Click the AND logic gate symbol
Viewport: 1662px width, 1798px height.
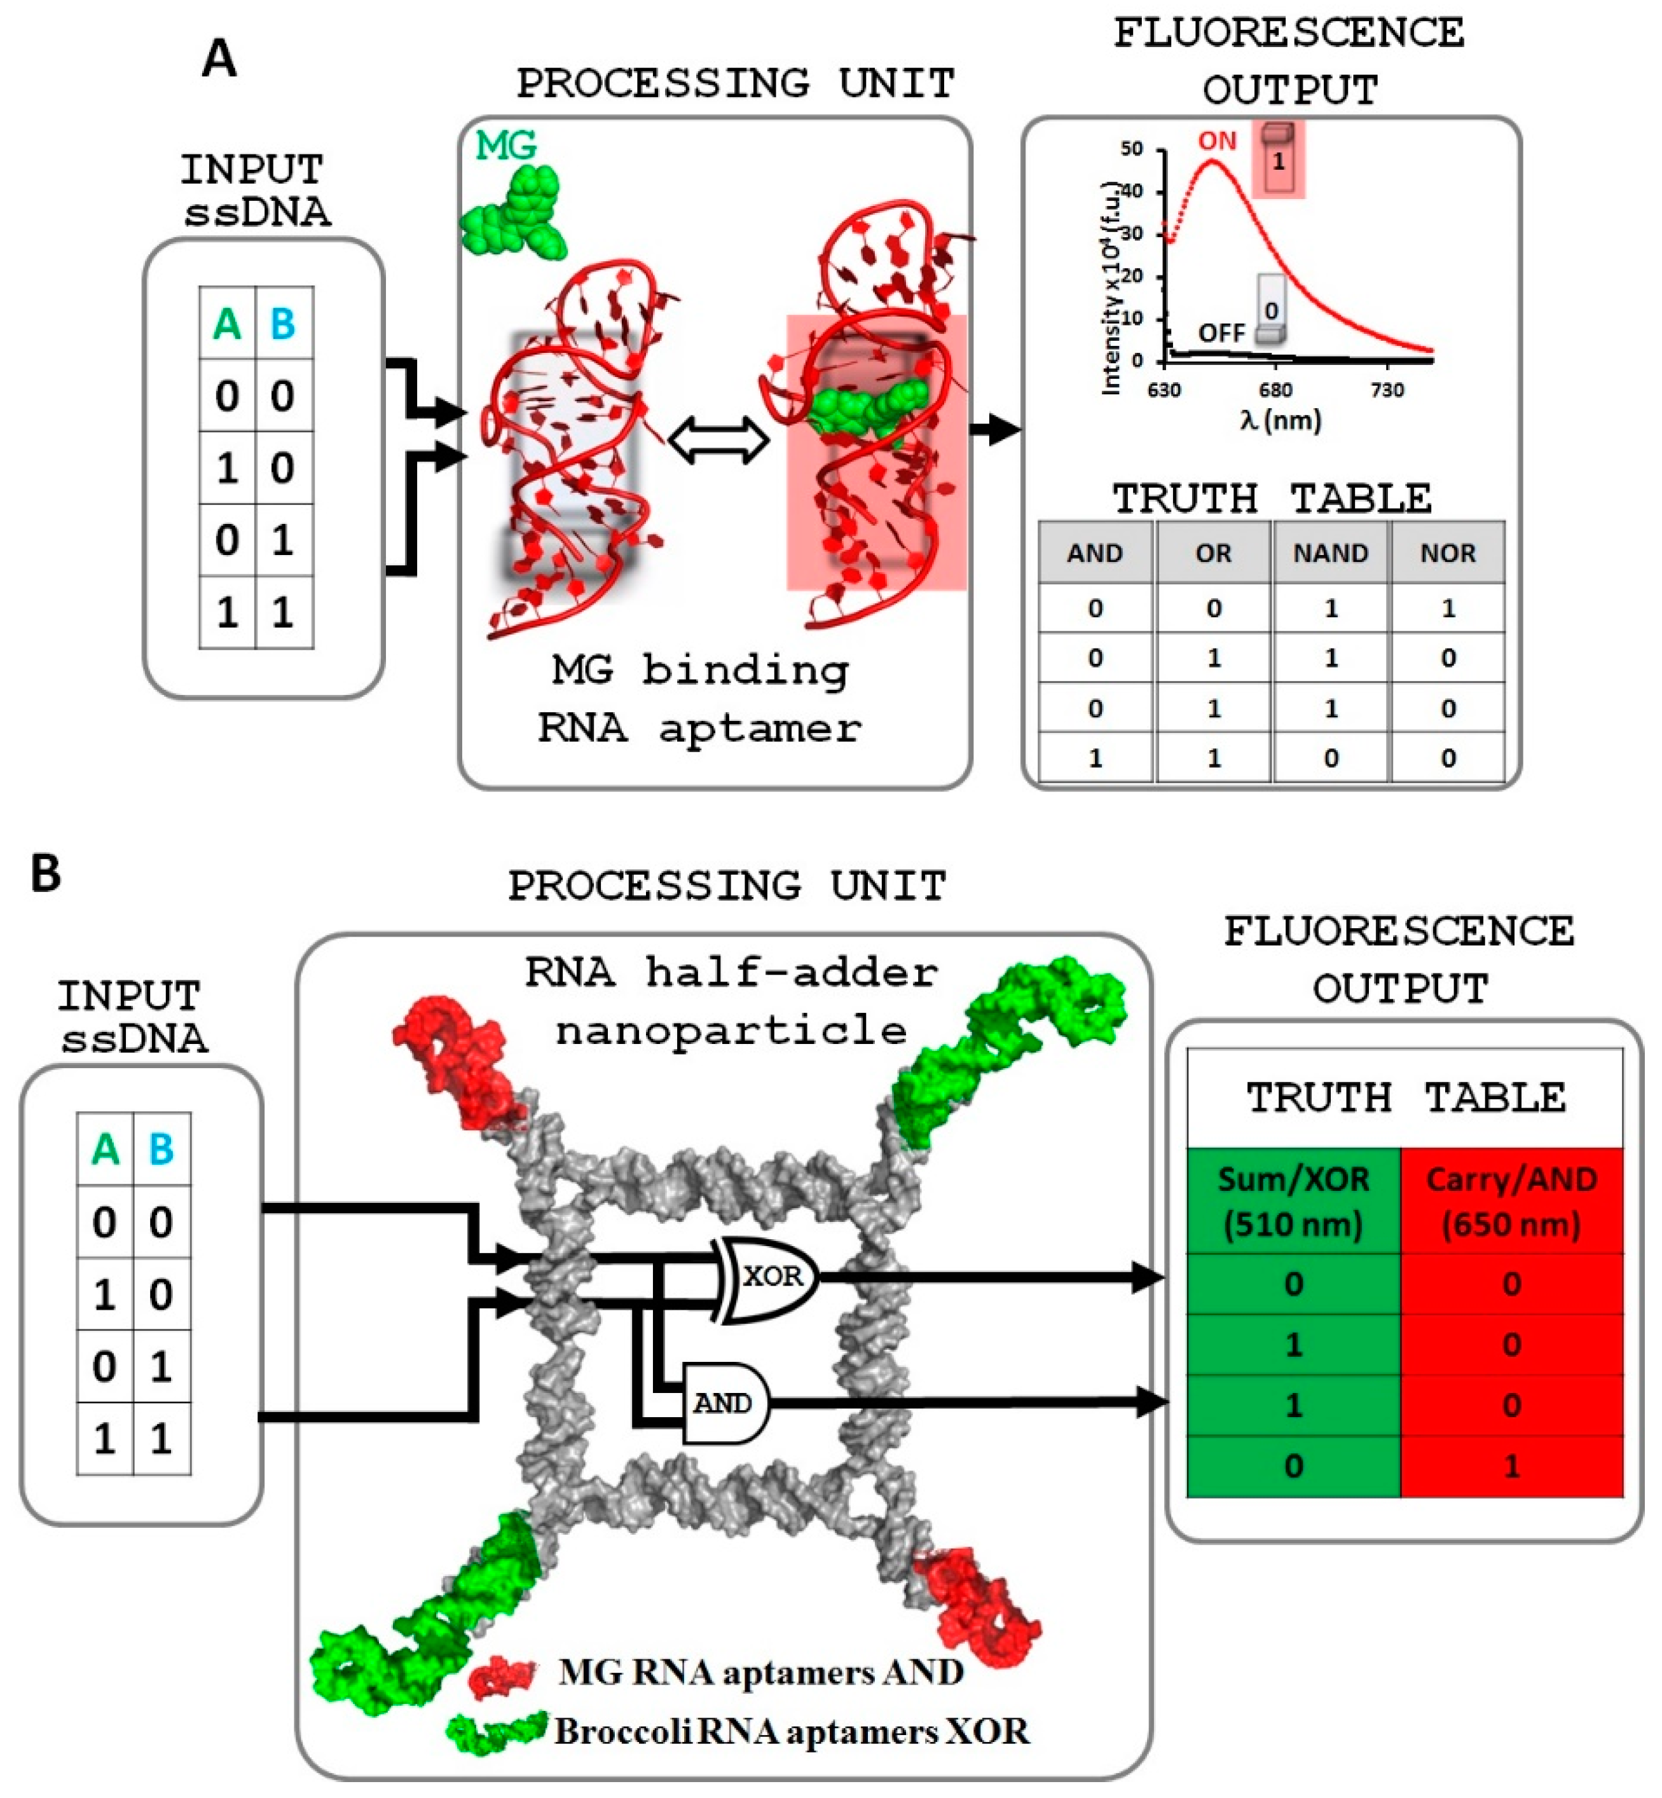point(725,1403)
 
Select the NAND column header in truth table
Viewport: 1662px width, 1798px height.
point(1330,553)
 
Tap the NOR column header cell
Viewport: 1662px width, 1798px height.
point(1447,553)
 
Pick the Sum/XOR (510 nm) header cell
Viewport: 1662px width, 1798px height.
point(1293,1202)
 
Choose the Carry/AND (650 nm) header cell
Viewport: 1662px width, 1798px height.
point(1511,1202)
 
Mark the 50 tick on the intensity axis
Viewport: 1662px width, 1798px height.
point(1130,148)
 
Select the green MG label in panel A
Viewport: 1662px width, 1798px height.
point(505,145)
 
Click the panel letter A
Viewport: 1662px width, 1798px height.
point(219,59)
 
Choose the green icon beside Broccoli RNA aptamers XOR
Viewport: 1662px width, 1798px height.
point(497,1731)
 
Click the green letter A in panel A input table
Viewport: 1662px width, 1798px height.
point(226,324)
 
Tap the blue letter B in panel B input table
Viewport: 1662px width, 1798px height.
point(161,1149)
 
